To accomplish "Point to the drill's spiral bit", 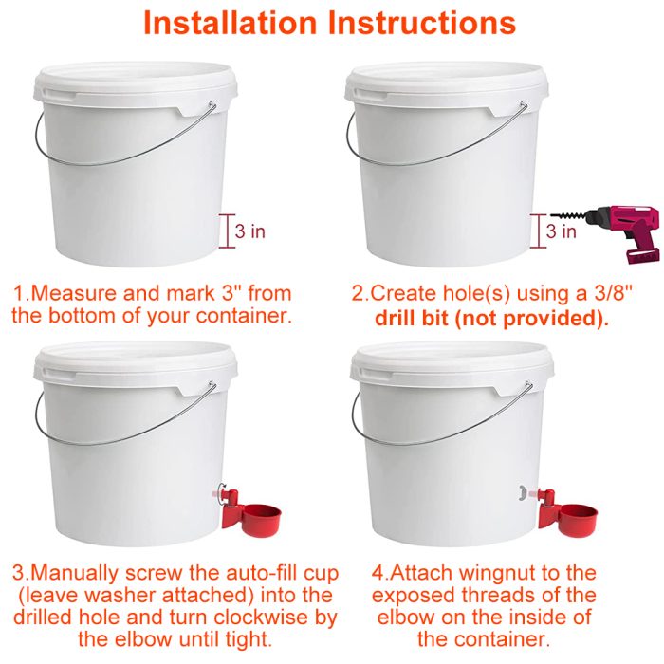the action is tap(568, 215).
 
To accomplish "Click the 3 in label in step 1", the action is tap(249, 231).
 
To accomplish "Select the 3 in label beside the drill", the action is tap(562, 231).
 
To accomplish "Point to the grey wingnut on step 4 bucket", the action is tap(524, 492).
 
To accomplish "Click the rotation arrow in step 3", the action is tap(220, 494).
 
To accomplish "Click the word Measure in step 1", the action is tap(75, 293).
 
